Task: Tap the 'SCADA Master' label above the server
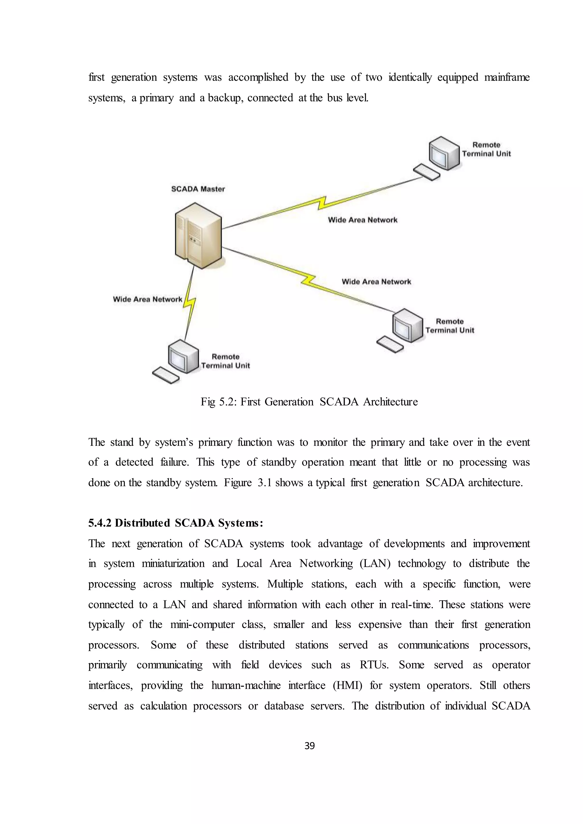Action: tap(198, 189)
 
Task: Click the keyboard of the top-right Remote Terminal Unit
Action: tap(426, 172)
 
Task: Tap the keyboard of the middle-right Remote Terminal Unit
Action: tap(390, 344)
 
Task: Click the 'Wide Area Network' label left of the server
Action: tap(147, 299)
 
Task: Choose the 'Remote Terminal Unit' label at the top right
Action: tap(486, 149)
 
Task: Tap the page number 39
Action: tap(309, 746)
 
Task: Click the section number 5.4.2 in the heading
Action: tap(100, 524)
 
